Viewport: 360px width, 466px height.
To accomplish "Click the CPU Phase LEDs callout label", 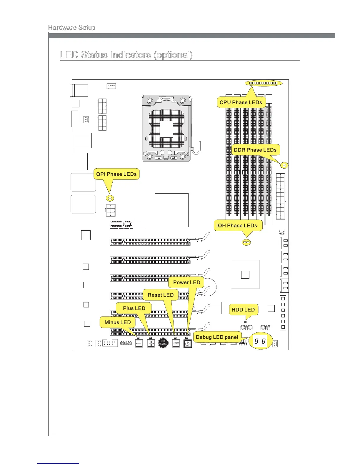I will tap(241, 102).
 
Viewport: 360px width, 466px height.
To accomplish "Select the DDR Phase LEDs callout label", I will tap(255, 150).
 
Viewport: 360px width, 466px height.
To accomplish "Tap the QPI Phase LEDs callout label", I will tap(116, 174).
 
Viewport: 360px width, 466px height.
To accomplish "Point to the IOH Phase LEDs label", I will tap(237, 225).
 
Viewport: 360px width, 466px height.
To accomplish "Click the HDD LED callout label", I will tap(243, 309).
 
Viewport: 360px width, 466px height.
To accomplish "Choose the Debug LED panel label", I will tap(217, 337).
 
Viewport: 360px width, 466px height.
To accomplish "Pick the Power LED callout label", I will tap(186, 282).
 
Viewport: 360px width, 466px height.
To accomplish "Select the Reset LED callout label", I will tap(161, 295).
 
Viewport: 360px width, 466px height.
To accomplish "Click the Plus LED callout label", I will tap(134, 308).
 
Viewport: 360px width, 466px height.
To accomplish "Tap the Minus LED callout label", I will tap(118, 322).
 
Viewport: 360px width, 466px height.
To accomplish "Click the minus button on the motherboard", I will tap(139, 343).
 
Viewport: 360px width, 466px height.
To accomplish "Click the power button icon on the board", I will tap(187, 343).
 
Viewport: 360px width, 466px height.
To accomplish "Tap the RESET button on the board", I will tap(176, 343).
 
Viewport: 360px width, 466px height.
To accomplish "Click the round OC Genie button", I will tap(163, 343).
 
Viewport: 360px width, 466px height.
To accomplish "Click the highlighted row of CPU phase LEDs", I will tap(264, 83).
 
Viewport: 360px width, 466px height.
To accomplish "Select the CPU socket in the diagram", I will tap(166, 128).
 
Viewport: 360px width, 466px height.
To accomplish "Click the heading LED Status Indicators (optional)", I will tap(126, 55).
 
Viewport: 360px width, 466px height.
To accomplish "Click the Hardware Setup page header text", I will tap(72, 28).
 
